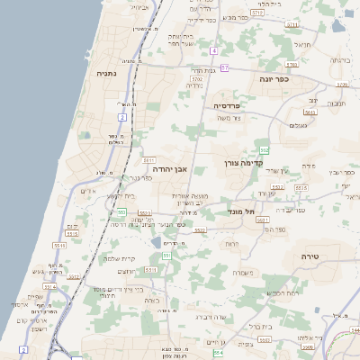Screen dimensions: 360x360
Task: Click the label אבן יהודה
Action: click(169, 167)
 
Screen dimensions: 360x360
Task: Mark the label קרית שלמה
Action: click(120, 258)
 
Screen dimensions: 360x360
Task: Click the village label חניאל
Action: click(302, 42)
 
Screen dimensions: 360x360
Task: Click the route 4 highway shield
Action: click(213, 51)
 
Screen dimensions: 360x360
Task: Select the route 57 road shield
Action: click(224, 67)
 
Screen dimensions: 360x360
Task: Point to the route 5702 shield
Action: click(197, 79)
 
